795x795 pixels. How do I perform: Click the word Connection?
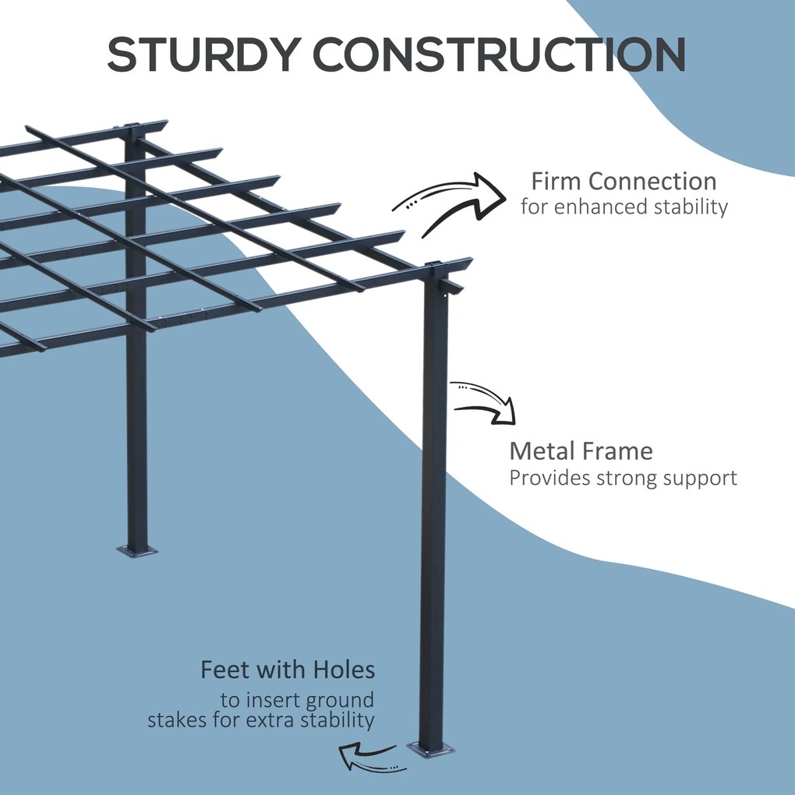click(x=652, y=182)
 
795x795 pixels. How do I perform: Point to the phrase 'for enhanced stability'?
click(x=624, y=207)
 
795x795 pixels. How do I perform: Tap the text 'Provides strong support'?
click(x=623, y=478)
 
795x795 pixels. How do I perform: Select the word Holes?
click(x=344, y=670)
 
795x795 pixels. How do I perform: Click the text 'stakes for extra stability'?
click(x=261, y=719)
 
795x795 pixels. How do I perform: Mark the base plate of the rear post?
click(x=136, y=551)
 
